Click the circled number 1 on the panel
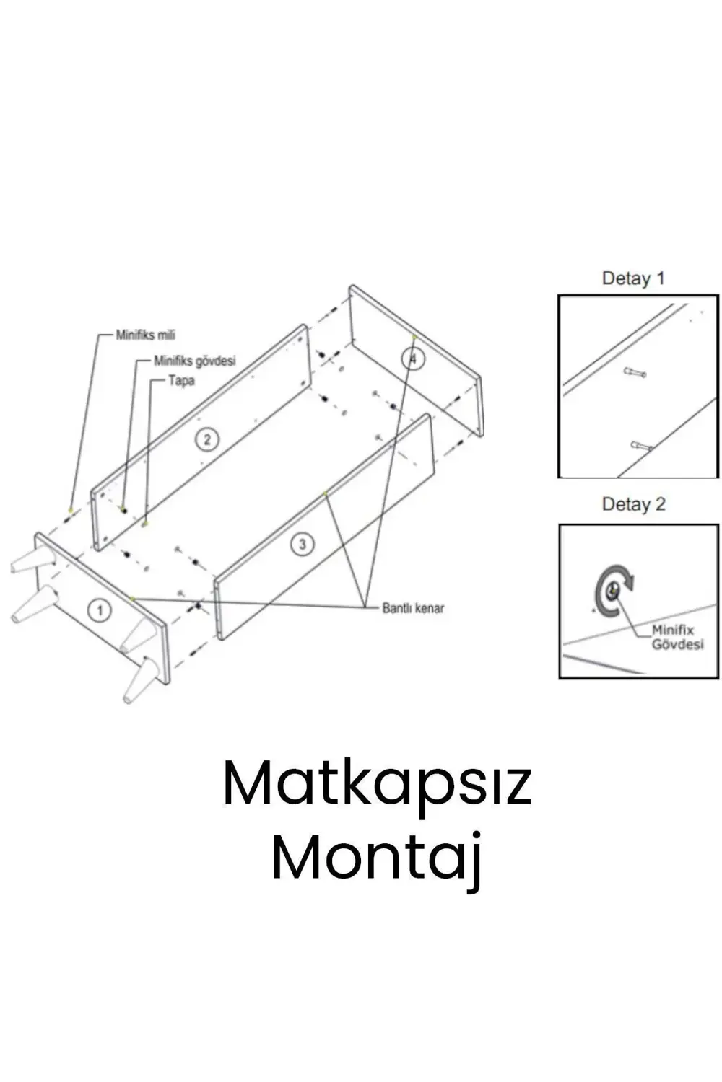click(100, 610)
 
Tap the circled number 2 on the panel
click(207, 439)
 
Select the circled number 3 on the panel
click(303, 545)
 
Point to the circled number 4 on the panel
click(412, 359)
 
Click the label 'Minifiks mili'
click(146, 335)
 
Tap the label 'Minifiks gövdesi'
click(195, 361)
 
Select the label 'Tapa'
click(181, 381)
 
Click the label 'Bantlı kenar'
click(413, 608)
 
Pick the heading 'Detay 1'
click(633, 278)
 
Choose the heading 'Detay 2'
click(633, 504)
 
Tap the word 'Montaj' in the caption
click(377, 863)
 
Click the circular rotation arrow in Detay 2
click(614, 590)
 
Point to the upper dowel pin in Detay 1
click(635, 372)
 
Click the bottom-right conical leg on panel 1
click(142, 680)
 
